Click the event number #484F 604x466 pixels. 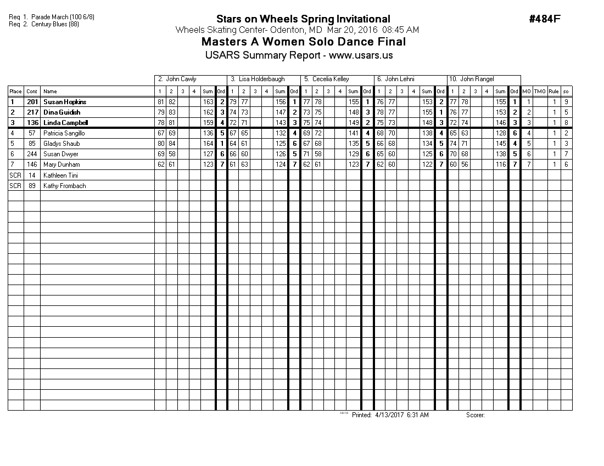[545, 19]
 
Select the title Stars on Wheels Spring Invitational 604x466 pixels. [303, 19]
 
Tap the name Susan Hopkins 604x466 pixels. [65, 102]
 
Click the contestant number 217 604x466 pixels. [32, 112]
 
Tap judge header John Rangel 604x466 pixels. [472, 79]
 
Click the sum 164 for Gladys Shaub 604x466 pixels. [208, 144]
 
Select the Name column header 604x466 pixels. [50, 92]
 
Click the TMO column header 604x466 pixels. [540, 92]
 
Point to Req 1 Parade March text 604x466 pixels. [52, 17]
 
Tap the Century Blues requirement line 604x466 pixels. [44, 24]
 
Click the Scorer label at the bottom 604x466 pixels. [475, 415]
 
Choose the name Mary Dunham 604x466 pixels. [61, 164]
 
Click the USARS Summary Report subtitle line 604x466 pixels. [299, 55]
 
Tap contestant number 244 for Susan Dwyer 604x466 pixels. [32, 154]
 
